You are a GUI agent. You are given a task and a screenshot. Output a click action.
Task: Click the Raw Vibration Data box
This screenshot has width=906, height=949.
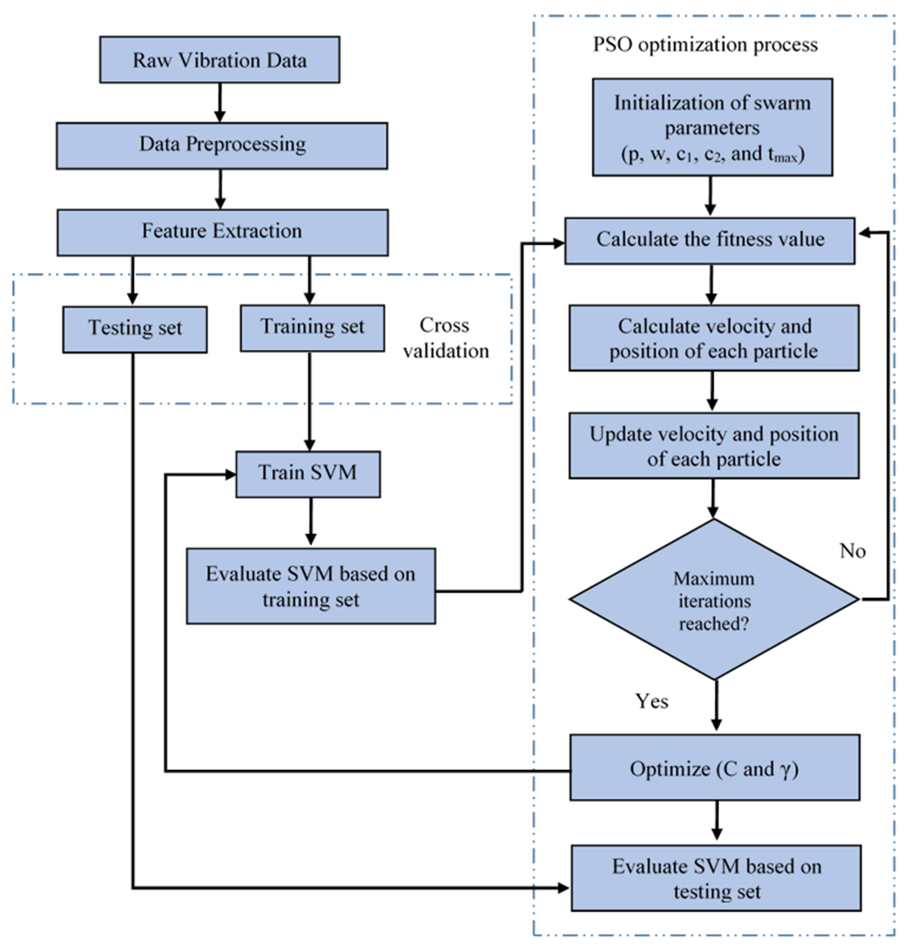[220, 60]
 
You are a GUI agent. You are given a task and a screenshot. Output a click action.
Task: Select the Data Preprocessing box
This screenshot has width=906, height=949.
[222, 145]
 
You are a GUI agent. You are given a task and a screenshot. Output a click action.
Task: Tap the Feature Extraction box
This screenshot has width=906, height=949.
[222, 232]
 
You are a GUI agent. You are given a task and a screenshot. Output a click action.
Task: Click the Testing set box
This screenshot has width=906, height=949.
[135, 329]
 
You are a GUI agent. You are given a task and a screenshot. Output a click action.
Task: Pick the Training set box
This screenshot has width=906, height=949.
[313, 328]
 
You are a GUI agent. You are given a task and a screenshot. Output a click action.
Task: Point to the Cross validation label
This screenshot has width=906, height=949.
[445, 338]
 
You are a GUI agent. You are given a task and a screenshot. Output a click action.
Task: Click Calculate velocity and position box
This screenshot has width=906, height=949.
[713, 338]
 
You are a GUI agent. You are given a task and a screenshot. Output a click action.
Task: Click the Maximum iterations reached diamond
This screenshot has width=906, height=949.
[713, 600]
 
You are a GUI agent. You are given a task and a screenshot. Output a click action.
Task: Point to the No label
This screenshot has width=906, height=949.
[852, 551]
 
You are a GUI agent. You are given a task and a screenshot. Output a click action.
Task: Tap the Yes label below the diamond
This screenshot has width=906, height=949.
[652, 701]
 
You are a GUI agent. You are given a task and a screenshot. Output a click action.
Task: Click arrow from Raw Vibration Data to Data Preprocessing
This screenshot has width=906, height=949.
[220, 102]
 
